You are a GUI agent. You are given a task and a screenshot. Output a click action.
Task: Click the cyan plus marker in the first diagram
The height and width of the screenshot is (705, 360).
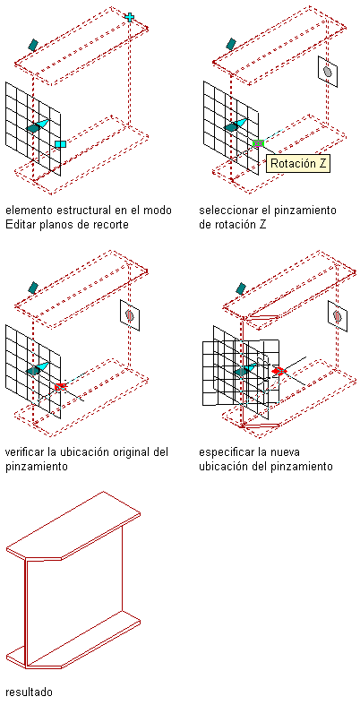tap(130, 17)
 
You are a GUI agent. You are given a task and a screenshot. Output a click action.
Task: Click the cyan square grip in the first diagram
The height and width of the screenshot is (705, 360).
tap(60, 144)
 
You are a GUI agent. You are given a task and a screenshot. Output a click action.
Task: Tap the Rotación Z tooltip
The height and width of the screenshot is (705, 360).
tap(298, 164)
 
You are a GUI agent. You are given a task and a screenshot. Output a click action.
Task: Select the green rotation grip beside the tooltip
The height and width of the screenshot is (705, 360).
tap(259, 143)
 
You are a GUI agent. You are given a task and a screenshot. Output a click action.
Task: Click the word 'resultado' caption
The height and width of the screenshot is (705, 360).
tap(30, 692)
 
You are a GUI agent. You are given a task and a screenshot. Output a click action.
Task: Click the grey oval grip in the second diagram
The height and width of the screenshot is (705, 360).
tap(328, 71)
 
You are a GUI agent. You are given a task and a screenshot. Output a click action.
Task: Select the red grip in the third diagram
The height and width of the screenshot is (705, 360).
tap(60, 387)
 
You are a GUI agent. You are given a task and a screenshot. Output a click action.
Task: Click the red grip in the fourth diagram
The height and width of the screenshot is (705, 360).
tap(279, 371)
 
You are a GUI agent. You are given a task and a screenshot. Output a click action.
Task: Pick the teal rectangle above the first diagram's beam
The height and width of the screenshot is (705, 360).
tap(33, 45)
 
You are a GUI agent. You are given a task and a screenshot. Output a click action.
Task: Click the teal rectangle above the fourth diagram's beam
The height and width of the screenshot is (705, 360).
tap(241, 288)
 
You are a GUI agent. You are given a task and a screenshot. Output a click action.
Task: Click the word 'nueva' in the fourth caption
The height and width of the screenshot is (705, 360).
tap(287, 451)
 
